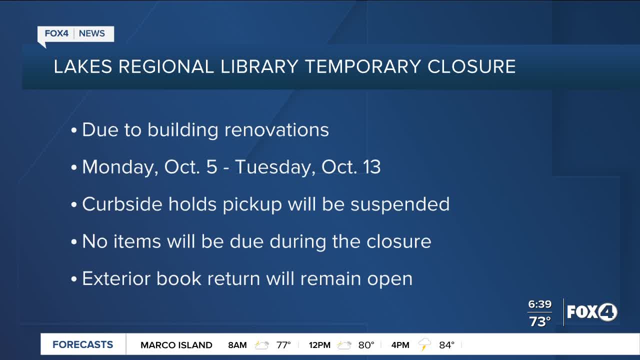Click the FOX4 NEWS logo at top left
[x=75, y=34]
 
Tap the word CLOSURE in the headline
[x=471, y=66]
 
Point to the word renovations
[x=276, y=130]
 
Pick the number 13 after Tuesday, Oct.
[x=371, y=167]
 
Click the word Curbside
[x=121, y=204]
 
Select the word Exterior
[x=116, y=278]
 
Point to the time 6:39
[x=539, y=304]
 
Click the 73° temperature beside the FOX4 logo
[x=540, y=322]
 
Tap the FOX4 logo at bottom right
[x=592, y=312]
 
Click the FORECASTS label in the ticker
[x=83, y=344]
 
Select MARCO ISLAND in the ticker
[x=176, y=345]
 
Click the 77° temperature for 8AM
[x=283, y=345]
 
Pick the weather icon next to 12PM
[x=344, y=345]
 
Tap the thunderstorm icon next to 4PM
[x=425, y=344]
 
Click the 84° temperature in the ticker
[x=446, y=345]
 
